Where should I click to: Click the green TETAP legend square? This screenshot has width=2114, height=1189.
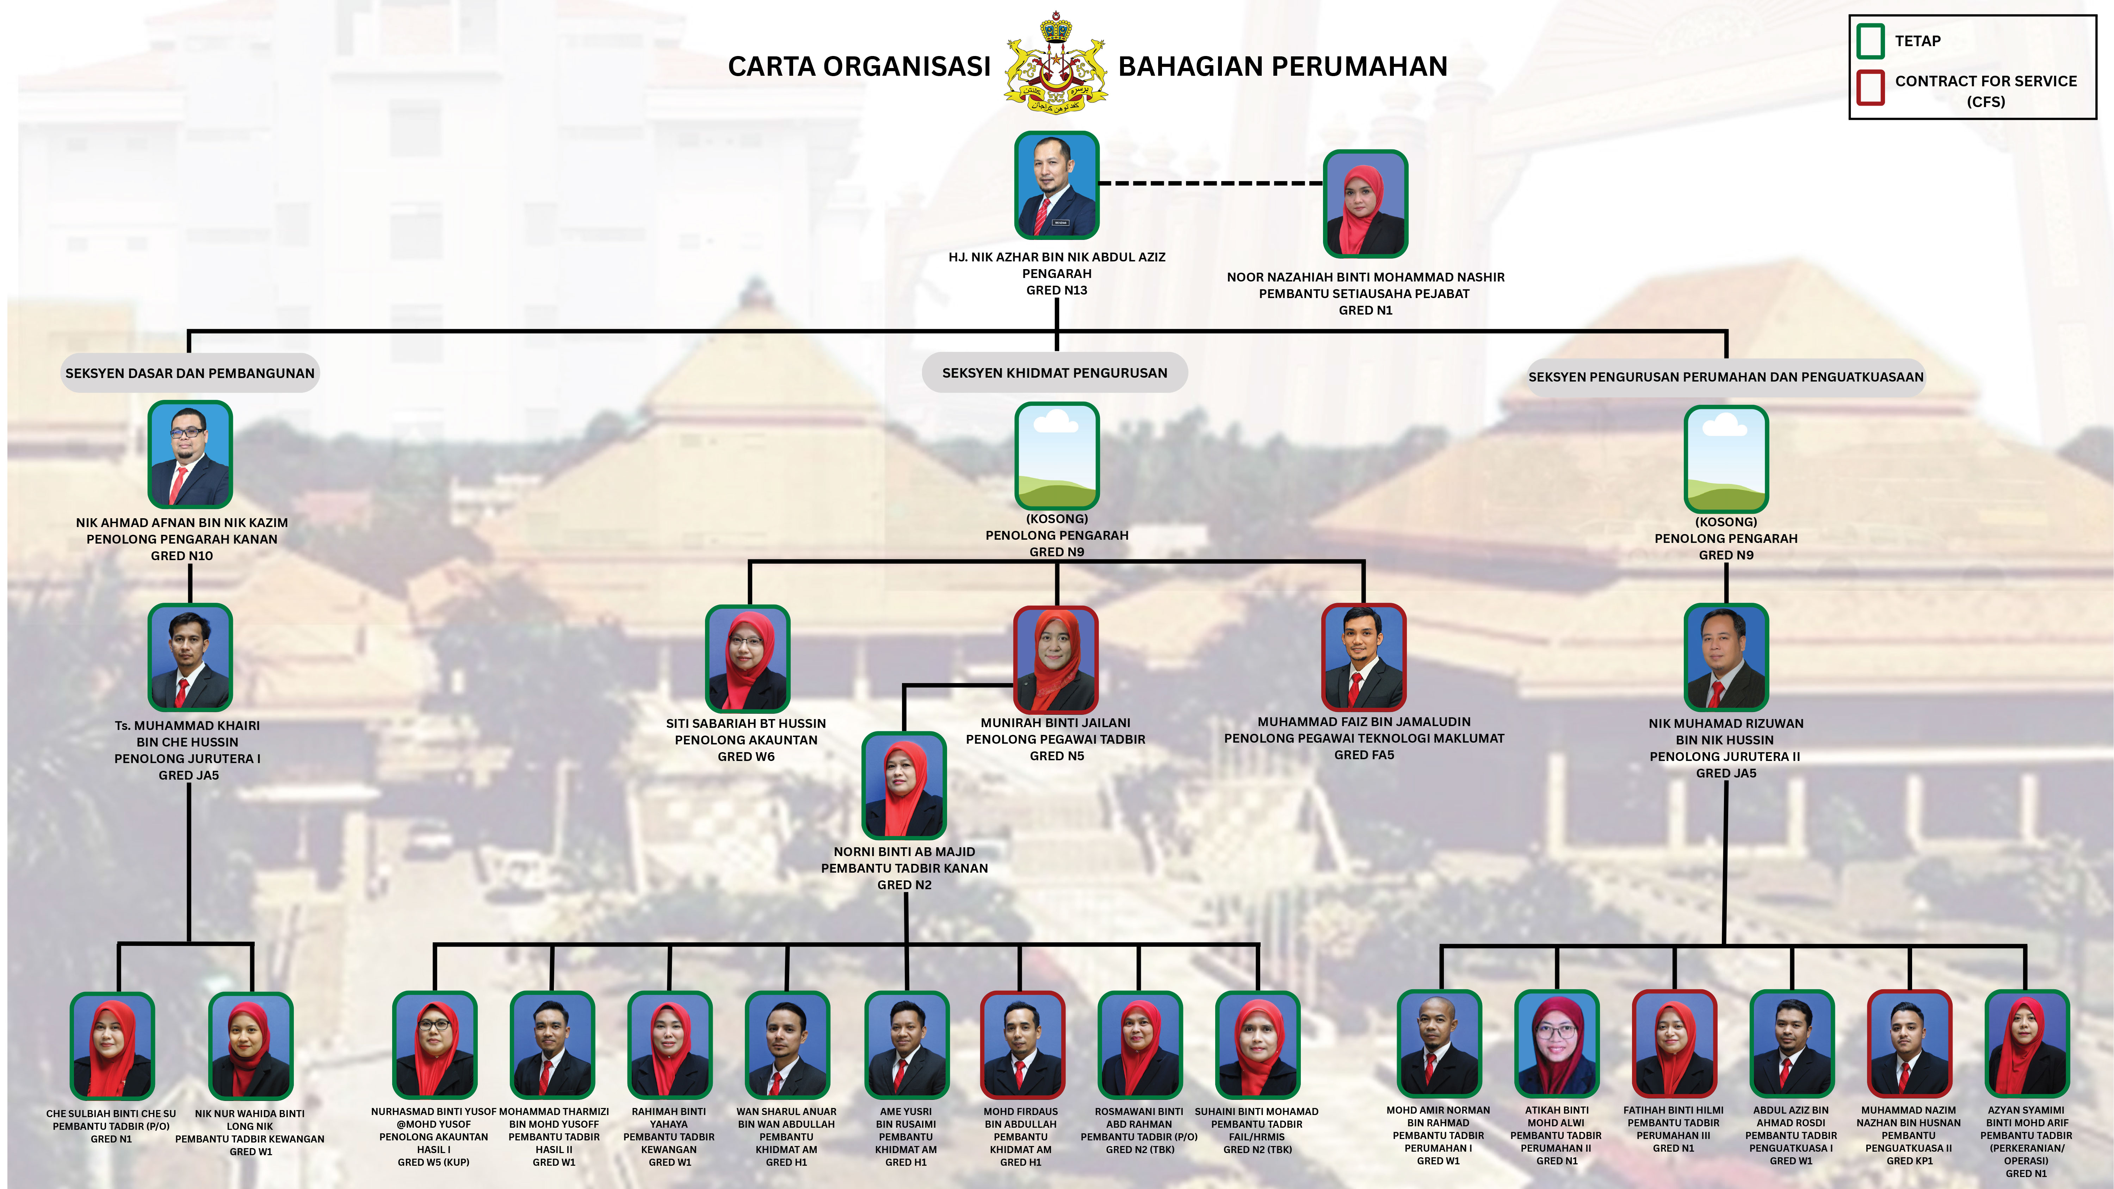point(1870,41)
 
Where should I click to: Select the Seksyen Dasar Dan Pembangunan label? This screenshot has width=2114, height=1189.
point(190,373)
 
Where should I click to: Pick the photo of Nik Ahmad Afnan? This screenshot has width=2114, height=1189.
point(190,454)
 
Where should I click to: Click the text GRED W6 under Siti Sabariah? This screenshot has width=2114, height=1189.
point(746,757)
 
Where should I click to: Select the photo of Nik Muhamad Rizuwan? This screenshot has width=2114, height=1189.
point(1726,657)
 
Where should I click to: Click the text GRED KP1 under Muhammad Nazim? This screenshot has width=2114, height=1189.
point(1909,1161)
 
